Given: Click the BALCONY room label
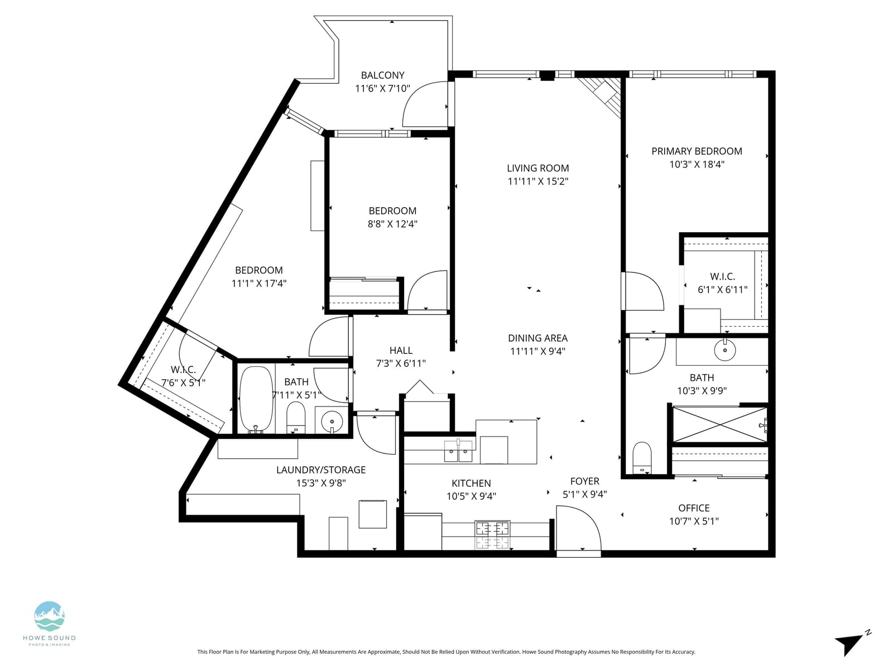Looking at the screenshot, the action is [382, 75].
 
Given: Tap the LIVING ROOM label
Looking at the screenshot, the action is [537, 168].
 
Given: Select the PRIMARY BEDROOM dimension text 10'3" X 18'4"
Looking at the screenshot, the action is [697, 164].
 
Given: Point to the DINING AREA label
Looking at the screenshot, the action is [537, 338].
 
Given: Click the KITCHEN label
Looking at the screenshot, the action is [471, 484].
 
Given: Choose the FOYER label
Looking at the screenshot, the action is [584, 481].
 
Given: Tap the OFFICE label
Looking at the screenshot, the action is [694, 508].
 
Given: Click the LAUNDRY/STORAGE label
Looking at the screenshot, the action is [320, 470].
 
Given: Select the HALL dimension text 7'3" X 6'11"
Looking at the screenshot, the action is [401, 363].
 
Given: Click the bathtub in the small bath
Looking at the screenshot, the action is [256, 399].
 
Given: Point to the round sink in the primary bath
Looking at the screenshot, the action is [724, 350].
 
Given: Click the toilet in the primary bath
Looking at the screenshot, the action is [642, 458].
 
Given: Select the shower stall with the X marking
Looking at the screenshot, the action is [719, 424].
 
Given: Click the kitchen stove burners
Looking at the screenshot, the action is [492, 534].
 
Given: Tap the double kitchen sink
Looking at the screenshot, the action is [459, 451].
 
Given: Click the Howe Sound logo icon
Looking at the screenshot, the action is [49, 616].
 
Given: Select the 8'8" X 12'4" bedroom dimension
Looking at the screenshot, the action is [392, 224].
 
